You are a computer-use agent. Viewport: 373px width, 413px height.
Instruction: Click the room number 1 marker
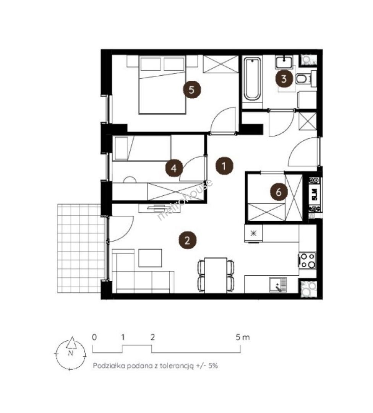tap(224, 166)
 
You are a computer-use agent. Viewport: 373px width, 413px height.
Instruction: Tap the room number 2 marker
tap(187, 240)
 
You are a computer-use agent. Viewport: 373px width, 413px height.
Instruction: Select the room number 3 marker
tap(284, 78)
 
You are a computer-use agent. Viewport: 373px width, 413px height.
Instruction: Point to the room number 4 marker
tap(174, 168)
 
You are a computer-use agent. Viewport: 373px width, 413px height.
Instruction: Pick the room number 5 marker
tap(191, 90)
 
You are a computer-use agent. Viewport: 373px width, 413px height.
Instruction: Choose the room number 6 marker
tap(279, 192)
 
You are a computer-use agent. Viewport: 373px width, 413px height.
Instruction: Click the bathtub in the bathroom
tap(252, 79)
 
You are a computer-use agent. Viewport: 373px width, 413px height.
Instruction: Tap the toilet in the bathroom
tap(302, 79)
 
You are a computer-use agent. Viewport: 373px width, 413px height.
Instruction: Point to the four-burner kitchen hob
tap(308, 260)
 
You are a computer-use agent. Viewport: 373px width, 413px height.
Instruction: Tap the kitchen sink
tap(278, 285)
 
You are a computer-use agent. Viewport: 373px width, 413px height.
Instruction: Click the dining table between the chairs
tap(216, 275)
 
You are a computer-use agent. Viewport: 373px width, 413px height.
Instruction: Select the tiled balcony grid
tap(79, 248)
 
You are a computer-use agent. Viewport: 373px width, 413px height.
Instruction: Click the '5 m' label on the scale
tap(242, 337)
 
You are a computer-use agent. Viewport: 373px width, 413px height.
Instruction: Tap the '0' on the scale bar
tap(94, 337)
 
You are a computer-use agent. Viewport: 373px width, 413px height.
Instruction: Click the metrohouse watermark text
tap(185, 200)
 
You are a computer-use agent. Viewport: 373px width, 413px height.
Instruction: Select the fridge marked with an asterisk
tap(253, 233)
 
